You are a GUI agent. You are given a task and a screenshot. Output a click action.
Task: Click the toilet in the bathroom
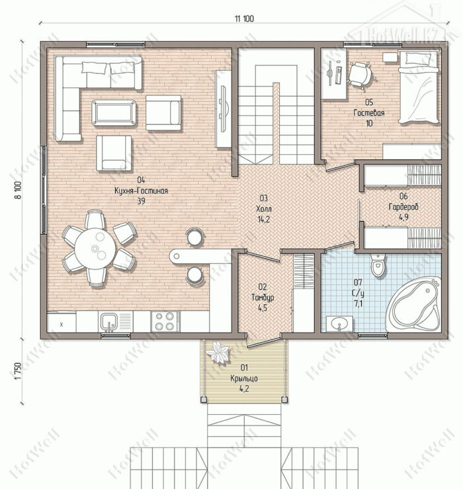378,265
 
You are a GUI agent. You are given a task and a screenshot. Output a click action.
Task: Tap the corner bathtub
414,304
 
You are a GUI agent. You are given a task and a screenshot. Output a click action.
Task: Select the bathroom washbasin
339,324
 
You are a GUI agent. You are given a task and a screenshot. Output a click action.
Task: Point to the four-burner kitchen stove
165,322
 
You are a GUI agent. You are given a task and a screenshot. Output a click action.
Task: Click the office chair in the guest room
360,75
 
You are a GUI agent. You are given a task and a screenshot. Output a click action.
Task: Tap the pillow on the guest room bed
418,59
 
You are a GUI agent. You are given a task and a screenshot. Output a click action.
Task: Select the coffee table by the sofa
114,112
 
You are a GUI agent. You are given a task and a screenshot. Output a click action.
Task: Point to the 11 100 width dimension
245,19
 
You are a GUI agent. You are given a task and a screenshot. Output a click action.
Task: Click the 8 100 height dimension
19,190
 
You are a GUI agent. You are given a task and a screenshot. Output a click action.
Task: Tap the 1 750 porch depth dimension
19,371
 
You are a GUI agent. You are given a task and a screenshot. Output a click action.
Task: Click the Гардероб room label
403,206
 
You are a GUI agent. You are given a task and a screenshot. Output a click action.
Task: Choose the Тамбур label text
263,297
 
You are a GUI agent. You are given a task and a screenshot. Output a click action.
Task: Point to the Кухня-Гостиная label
142,191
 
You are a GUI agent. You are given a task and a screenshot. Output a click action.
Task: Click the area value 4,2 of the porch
244,388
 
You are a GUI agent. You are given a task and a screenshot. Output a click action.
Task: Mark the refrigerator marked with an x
62,322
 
